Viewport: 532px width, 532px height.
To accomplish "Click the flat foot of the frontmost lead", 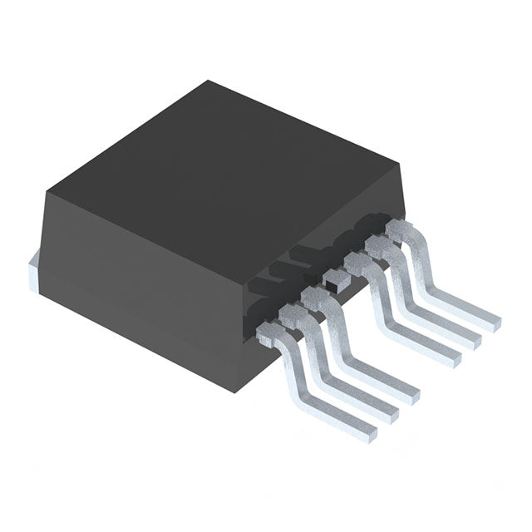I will pyautogui.click(x=353, y=420).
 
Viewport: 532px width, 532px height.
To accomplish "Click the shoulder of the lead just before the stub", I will pyautogui.click(x=312, y=298).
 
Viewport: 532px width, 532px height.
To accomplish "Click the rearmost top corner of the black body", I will pyautogui.click(x=209, y=81).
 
